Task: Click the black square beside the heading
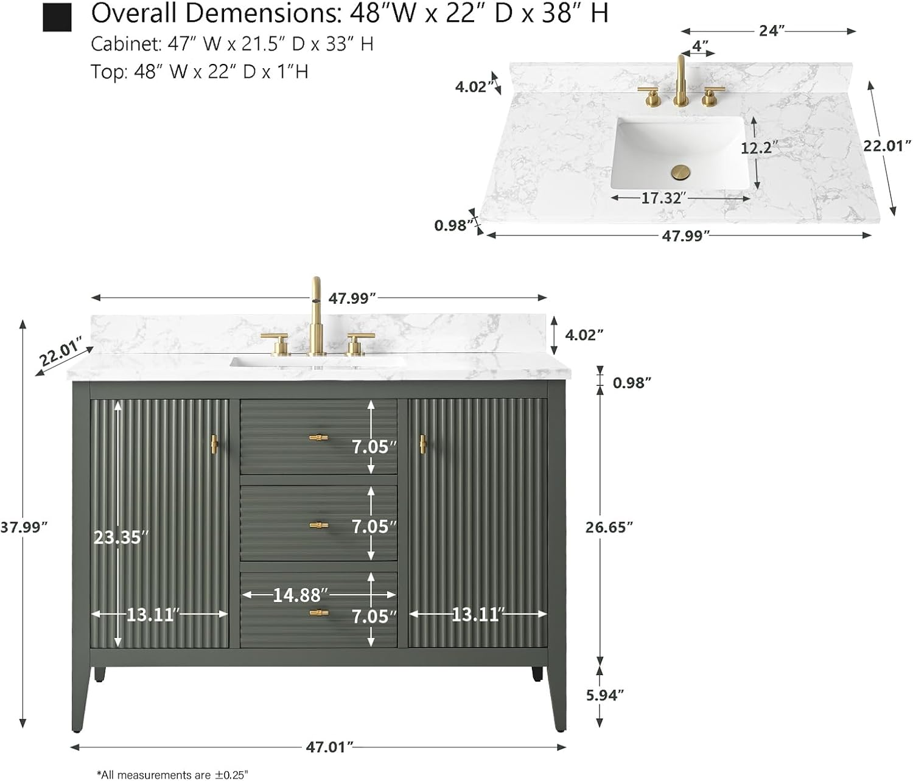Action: pos(57,17)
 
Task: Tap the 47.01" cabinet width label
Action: pos(329,747)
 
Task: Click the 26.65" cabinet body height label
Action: pos(609,527)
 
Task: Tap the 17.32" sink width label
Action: pos(663,198)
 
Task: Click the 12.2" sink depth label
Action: pos(759,147)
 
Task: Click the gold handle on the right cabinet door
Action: pos(422,444)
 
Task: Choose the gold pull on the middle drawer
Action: pos(318,525)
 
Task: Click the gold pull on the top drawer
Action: pos(318,437)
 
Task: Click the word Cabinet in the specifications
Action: pos(117,44)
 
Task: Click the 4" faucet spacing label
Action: pos(701,46)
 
